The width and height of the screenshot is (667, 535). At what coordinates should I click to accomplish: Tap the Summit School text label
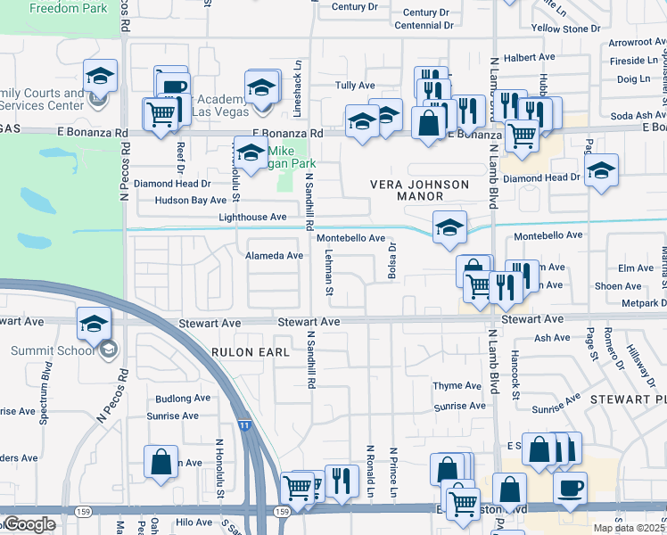point(46,350)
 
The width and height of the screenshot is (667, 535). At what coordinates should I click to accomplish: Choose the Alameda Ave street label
point(274,255)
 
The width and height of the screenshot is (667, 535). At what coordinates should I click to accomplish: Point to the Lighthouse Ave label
point(253,217)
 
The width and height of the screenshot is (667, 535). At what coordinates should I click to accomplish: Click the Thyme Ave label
point(457,385)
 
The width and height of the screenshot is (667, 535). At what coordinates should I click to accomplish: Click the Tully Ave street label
point(354,86)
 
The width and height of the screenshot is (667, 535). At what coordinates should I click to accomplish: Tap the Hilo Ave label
point(194,522)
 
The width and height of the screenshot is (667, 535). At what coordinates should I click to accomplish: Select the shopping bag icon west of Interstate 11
point(161,463)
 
